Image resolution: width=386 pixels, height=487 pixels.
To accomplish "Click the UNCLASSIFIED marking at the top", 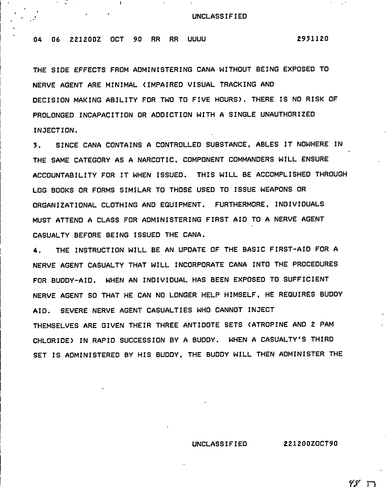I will [x=219, y=16].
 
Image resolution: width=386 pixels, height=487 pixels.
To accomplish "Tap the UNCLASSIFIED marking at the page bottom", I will [x=219, y=444].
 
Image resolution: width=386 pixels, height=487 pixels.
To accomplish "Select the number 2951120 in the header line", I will [x=312, y=39].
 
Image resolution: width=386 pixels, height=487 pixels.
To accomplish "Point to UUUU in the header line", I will [x=197, y=39].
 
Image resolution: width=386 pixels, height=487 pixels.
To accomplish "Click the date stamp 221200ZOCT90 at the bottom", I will [x=310, y=444].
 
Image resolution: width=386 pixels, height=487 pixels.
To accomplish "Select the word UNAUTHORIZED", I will [x=288, y=114].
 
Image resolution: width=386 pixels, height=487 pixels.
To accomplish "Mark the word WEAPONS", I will [x=265, y=189].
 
